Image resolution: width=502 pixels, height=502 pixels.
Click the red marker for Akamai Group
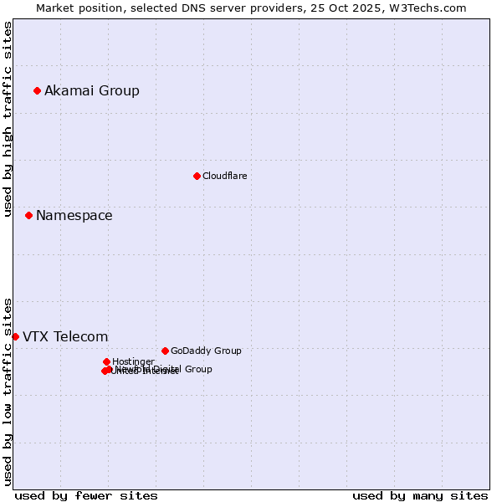pyautogui.click(x=37, y=90)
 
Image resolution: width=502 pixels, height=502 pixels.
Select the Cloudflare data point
pyautogui.click(x=197, y=176)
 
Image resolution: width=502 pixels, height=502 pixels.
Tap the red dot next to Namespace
pyautogui.click(x=28, y=215)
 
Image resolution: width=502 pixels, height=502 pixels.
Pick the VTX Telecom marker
pyautogui.click(x=15, y=336)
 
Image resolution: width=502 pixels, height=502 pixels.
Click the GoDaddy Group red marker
pyautogui.click(x=165, y=351)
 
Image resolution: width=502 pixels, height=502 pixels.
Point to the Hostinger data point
pyautogui.click(x=106, y=361)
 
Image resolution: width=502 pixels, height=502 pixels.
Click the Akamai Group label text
pyautogui.click(x=92, y=90)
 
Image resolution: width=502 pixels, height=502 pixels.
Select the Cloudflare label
pyautogui.click(x=224, y=176)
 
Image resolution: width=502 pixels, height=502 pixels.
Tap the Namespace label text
pyautogui.click(x=74, y=215)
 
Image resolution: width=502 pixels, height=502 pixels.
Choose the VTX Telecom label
pyautogui.click(x=65, y=336)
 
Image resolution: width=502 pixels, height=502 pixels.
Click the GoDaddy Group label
pyautogui.click(x=206, y=351)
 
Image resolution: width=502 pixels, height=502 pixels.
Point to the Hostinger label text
pyautogui.click(x=133, y=361)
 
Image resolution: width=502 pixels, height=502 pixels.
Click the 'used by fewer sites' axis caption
pyautogui.click(x=86, y=495)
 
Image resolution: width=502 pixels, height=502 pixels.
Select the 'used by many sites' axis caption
pyautogui.click(x=420, y=495)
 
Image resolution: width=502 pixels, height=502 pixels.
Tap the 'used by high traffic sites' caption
pyautogui.click(x=8, y=119)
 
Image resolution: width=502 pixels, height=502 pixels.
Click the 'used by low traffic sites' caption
pyautogui.click(x=8, y=391)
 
